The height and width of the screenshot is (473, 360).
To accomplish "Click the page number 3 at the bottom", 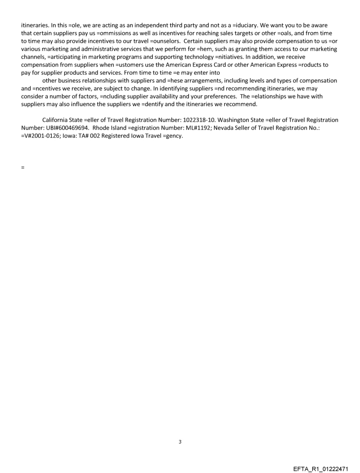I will pyautogui.click(x=180, y=441).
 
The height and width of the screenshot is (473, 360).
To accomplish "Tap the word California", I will pyautogui.click(x=57, y=120).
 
